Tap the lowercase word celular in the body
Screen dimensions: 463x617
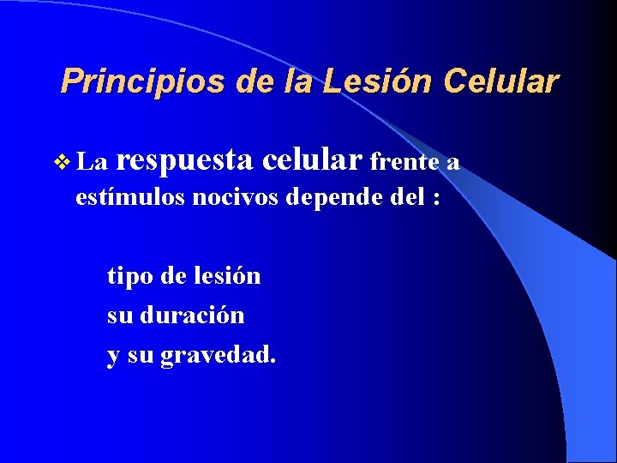click(314, 159)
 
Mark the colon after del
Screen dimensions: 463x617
click(437, 199)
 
